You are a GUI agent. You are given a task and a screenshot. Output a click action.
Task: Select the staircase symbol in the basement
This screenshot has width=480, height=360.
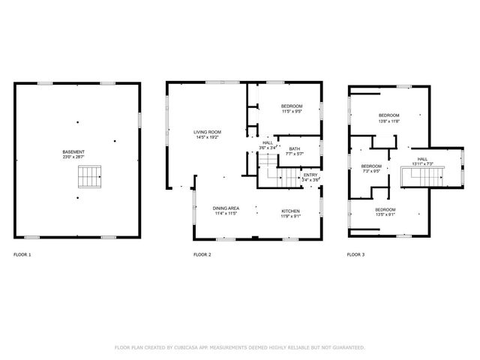pyautogui.click(x=88, y=177)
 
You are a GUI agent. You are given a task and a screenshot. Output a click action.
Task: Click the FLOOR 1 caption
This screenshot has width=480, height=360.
pyautogui.click(x=22, y=255)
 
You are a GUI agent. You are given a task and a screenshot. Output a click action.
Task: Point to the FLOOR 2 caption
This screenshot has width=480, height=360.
pyautogui.click(x=202, y=255)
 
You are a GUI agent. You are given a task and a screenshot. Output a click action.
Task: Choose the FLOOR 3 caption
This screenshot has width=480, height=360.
pyautogui.click(x=355, y=255)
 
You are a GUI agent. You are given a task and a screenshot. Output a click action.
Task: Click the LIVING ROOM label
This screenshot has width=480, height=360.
pyautogui.click(x=208, y=132)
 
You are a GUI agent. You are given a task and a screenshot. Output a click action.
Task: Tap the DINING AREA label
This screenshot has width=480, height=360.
pyautogui.click(x=226, y=208)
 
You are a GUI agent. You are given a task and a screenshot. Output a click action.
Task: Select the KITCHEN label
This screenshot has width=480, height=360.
pyautogui.click(x=291, y=211)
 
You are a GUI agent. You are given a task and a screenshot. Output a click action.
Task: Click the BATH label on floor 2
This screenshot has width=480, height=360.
pyautogui.click(x=295, y=148)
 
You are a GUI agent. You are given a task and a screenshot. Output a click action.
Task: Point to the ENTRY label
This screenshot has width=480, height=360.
pyautogui.click(x=310, y=175)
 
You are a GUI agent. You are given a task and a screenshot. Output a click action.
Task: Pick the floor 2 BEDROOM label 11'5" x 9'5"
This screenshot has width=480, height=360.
pyautogui.click(x=292, y=111)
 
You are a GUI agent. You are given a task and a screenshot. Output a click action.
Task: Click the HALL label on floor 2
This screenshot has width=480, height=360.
pyautogui.click(x=268, y=142)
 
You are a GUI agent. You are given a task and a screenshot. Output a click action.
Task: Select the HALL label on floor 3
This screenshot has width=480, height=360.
pyautogui.click(x=422, y=158)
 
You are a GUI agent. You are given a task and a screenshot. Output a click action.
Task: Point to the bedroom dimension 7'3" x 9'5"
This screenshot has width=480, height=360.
pyautogui.click(x=371, y=171)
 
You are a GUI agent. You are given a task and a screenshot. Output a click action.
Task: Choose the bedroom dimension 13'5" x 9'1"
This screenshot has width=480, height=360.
pyautogui.click(x=385, y=214)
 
